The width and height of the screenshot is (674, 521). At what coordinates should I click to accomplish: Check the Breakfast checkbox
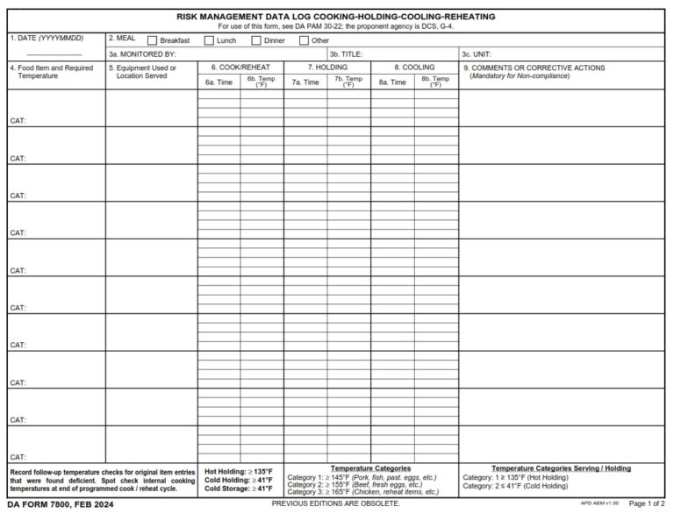click(153, 40)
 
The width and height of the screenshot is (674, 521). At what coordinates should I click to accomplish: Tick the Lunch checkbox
click(209, 40)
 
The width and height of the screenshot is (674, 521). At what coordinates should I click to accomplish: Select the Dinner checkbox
click(256, 40)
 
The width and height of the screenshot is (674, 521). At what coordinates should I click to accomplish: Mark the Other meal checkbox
click(303, 40)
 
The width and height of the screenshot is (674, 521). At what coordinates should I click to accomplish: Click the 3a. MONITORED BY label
click(142, 54)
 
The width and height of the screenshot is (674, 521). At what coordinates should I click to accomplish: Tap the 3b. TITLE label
click(346, 54)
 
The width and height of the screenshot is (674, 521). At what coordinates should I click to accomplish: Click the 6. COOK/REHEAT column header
click(240, 68)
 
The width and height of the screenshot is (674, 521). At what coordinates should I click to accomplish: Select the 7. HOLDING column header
click(326, 68)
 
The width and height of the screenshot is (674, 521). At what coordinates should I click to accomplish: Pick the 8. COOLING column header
click(413, 68)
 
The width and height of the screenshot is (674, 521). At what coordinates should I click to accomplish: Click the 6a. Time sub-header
click(219, 82)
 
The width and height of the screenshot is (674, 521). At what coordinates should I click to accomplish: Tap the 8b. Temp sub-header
click(435, 82)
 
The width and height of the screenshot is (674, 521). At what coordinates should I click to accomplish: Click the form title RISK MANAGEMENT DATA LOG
click(335, 17)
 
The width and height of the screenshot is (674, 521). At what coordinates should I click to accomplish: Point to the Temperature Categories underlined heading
click(369, 468)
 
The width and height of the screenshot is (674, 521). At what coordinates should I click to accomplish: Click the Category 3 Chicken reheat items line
click(362, 492)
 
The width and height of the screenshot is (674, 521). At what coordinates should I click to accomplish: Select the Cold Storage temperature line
click(239, 489)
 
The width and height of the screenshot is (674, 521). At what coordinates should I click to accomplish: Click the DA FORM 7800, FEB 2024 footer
click(60, 505)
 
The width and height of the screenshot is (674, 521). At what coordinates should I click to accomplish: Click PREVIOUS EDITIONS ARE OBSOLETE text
click(335, 504)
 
